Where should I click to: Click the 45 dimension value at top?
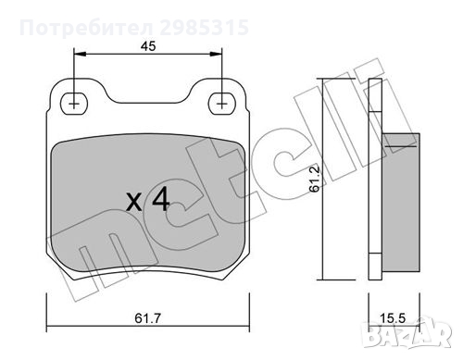click(148, 46)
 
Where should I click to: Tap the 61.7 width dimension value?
click(148, 318)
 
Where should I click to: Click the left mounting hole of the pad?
click(74, 104)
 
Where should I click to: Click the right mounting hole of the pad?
click(221, 104)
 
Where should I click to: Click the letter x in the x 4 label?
click(134, 203)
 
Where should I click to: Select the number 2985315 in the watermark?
click(204, 28)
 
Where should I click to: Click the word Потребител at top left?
click(87, 28)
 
